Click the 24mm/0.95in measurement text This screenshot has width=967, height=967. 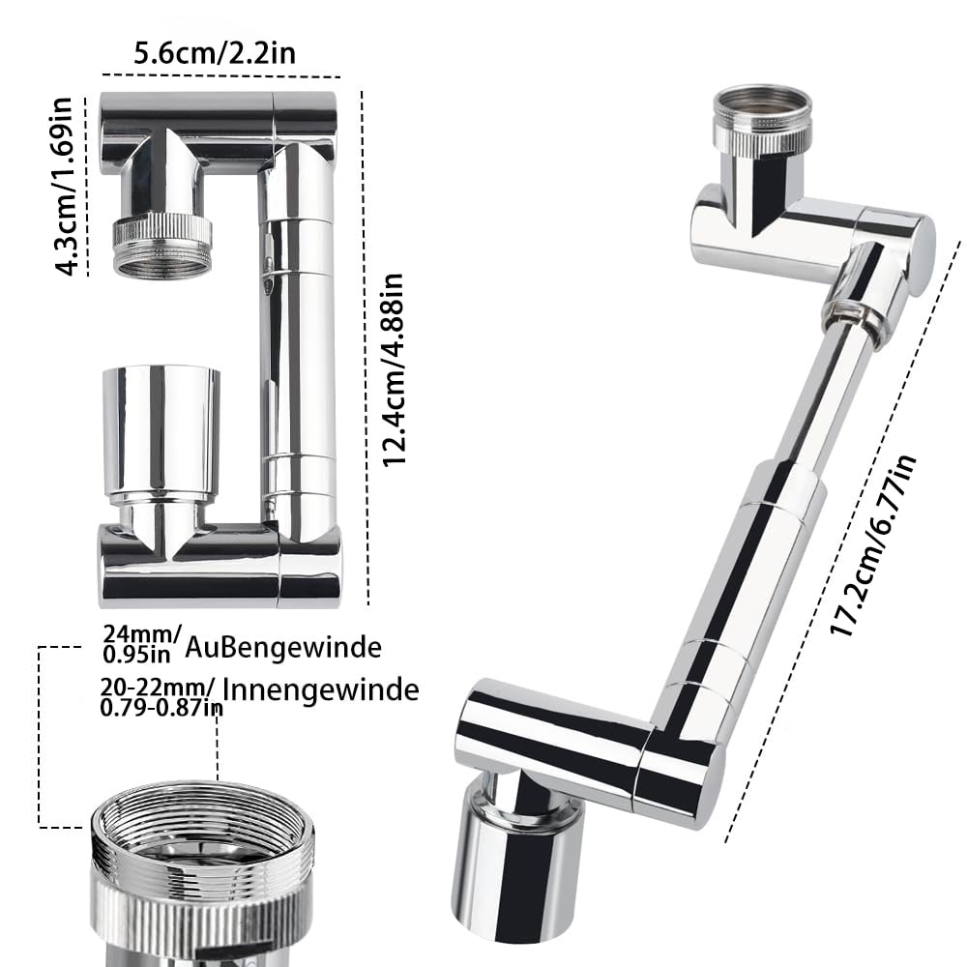tap(141, 643)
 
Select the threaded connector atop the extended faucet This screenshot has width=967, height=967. tap(762, 120)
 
